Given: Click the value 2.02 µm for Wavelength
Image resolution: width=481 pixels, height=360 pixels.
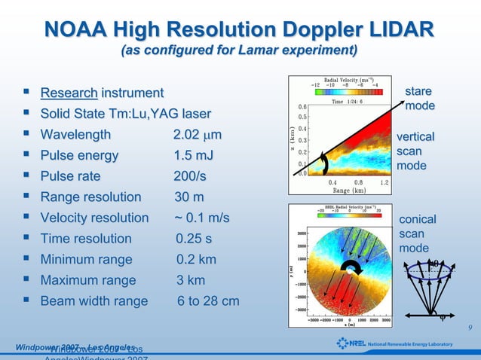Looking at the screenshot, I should tap(197, 136).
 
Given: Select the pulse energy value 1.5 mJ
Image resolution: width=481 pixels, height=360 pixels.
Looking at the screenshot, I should tap(193, 156).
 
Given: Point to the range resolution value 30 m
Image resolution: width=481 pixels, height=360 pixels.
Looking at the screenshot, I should tap(189, 197).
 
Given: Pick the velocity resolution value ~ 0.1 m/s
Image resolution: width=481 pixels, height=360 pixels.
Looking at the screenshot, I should tap(201, 218).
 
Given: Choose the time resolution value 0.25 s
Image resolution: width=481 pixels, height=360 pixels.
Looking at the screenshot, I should tap(194, 239).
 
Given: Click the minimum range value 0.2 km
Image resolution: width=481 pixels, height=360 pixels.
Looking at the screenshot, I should tap(196, 260).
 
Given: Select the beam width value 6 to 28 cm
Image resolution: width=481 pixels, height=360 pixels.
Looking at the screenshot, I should tap(208, 301).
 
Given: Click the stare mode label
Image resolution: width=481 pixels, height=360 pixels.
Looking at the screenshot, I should tap(419, 99).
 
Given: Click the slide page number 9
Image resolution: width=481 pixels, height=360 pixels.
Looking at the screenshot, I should tap(470, 328).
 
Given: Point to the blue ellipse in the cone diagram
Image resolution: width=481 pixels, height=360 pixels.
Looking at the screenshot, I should tap(428, 269).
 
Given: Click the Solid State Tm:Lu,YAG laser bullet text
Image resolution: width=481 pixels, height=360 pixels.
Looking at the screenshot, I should tap(125, 114).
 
